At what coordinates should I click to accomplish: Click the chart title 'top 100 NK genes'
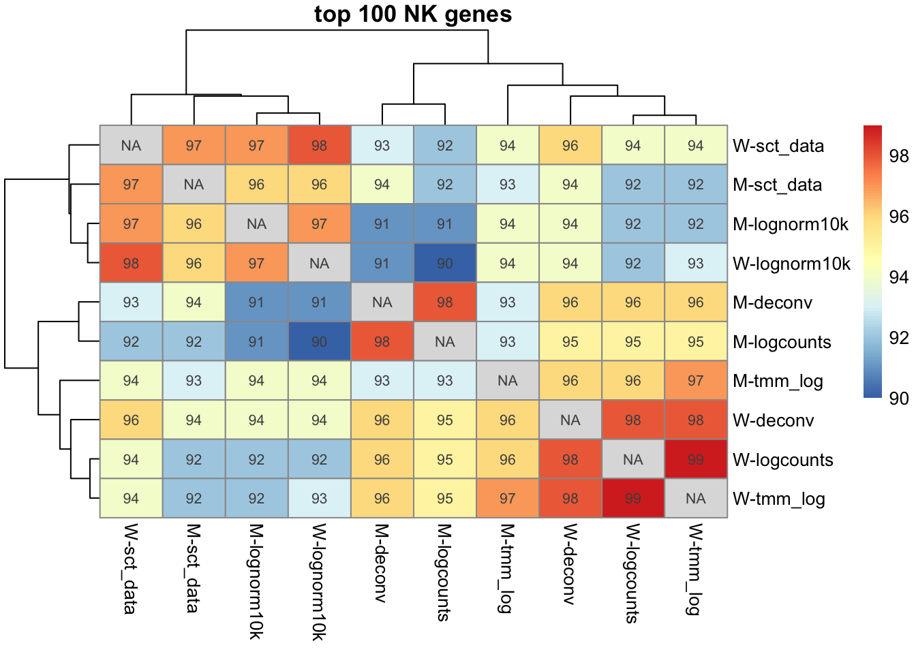413,14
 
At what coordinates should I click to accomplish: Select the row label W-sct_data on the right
778,146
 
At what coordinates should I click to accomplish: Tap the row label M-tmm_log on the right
778,381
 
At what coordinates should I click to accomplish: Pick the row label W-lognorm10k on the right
791,264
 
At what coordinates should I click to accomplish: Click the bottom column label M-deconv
382,563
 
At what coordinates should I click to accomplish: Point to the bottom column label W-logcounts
632,574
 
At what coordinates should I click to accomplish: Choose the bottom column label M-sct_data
194,568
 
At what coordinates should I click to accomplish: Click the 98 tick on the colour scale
899,156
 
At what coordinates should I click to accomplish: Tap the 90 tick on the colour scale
899,399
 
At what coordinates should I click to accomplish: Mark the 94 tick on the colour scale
899,277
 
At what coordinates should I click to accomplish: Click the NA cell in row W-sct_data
131,145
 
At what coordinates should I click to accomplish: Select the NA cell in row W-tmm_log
695,499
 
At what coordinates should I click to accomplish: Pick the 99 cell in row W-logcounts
695,460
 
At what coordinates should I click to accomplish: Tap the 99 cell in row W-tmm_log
632,499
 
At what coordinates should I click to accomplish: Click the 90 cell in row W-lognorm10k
444,264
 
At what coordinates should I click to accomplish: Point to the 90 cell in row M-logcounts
319,342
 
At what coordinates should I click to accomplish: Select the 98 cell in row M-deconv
444,302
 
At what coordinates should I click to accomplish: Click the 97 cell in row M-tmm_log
695,381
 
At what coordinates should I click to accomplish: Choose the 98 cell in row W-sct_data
319,145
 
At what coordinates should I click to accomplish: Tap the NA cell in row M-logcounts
444,342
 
